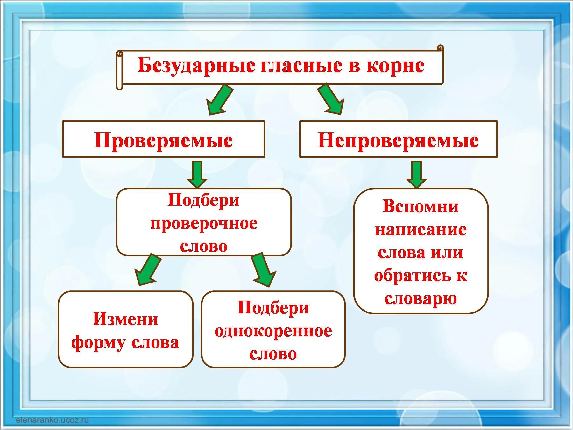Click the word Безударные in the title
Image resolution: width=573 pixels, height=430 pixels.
coord(196,66)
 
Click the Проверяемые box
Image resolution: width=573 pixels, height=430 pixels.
coord(163,140)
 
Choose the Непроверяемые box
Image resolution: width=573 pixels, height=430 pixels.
coord(398,140)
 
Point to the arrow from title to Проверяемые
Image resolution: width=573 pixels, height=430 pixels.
coord(219,99)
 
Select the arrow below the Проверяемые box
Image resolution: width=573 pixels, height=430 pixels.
coord(197,174)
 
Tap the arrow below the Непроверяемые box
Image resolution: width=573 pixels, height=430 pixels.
coord(416,174)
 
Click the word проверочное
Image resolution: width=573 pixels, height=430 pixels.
coord(204,224)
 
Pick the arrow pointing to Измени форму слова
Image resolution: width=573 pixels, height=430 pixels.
coord(147,269)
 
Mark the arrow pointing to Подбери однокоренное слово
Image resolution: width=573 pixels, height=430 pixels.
coord(264,270)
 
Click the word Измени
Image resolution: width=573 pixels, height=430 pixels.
coord(125,319)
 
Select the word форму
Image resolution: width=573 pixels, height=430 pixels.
coord(98,343)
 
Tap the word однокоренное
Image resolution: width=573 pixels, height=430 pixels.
coord(273,331)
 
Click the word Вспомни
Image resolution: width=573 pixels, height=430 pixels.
coord(421,206)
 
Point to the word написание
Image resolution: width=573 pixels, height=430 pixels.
coord(421,229)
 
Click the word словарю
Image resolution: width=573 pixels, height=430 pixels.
coord(421,298)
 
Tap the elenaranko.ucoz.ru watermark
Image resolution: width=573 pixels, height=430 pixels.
coord(52,420)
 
